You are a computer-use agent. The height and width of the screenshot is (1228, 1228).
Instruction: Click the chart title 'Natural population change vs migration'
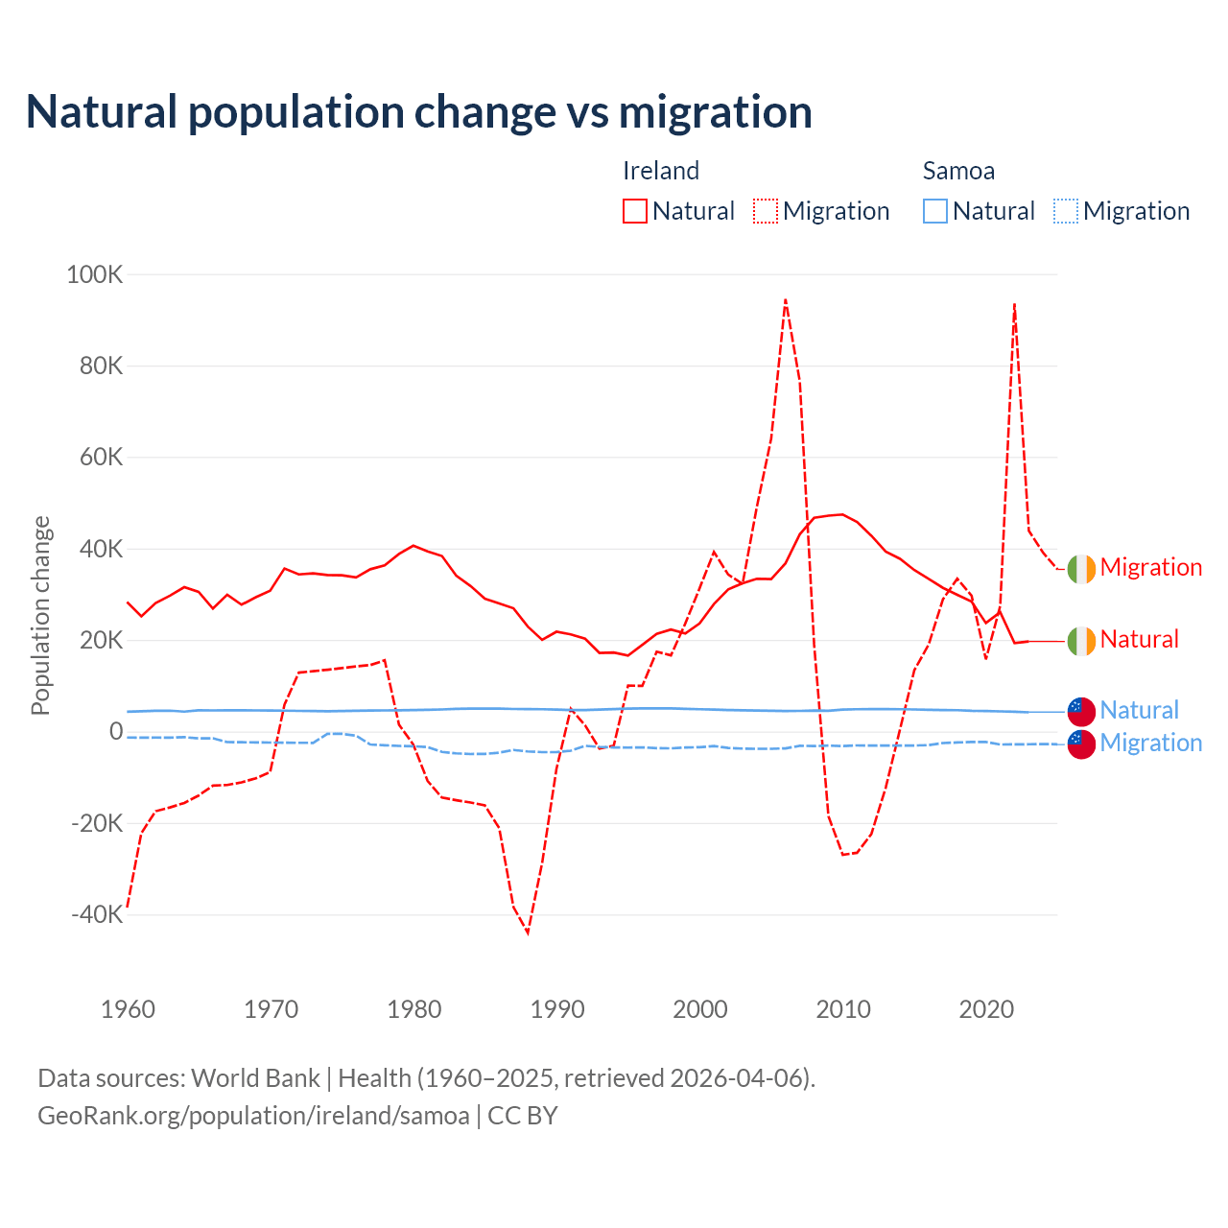click(x=418, y=112)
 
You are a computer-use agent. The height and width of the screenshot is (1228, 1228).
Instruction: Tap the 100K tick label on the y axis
click(x=95, y=275)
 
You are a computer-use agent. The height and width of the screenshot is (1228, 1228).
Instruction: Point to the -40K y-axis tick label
click(x=97, y=914)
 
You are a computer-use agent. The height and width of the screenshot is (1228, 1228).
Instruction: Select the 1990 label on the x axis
click(x=557, y=1009)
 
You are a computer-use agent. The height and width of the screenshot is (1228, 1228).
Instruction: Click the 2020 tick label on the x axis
click(x=986, y=1009)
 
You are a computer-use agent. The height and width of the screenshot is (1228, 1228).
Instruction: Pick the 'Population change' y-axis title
click(x=40, y=615)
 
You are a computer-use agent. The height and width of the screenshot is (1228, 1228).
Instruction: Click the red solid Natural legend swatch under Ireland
click(x=635, y=211)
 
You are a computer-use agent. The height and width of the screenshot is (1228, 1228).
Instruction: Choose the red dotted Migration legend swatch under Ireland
click(x=766, y=211)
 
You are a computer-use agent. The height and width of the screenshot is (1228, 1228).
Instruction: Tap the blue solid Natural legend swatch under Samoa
click(x=935, y=211)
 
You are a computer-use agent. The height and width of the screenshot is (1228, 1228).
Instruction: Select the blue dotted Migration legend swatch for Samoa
click(x=1066, y=211)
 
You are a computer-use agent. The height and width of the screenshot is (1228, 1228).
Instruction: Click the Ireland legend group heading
click(x=661, y=171)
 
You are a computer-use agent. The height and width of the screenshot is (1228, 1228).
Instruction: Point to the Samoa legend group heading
click(x=958, y=171)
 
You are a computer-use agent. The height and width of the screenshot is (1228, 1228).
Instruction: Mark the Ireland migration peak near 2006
click(x=786, y=299)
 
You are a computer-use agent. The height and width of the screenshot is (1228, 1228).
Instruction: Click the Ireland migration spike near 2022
click(x=1014, y=304)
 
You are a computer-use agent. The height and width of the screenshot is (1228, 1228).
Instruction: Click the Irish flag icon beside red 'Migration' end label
click(x=1081, y=569)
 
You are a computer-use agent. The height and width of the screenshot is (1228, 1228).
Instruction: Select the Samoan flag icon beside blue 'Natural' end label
click(x=1081, y=711)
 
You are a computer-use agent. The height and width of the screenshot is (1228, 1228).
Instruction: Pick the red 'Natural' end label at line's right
click(x=1139, y=640)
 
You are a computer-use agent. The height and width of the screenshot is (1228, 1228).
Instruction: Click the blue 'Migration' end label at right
click(x=1150, y=744)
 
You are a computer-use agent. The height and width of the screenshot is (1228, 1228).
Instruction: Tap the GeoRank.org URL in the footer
click(x=253, y=1116)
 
